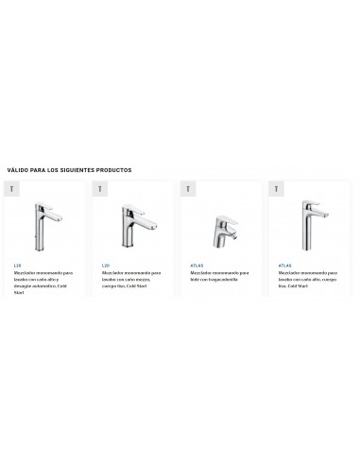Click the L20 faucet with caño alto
[x=48, y=221]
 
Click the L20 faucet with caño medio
[x=131, y=224]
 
